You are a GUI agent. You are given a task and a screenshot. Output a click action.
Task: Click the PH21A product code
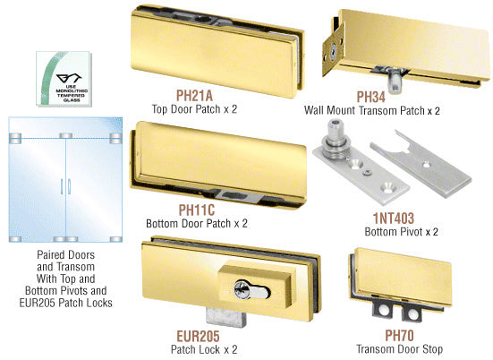[194, 95]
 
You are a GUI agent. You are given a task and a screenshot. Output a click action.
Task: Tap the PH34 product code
[370, 97]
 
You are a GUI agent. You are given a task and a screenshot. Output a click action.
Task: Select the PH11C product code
[197, 210]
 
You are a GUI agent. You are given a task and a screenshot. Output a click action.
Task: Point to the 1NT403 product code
[394, 219]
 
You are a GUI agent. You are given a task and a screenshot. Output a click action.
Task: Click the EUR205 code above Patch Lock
[198, 336]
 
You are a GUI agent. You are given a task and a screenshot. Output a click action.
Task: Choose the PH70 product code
[399, 336]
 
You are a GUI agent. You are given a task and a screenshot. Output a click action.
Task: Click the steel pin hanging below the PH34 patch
[395, 81]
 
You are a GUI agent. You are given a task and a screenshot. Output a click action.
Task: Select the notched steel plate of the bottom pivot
[421, 164]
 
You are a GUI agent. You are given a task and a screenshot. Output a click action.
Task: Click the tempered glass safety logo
[64, 79]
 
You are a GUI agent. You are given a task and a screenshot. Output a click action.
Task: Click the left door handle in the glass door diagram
[62, 186]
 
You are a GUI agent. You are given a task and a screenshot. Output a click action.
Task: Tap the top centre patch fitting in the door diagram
[65, 136]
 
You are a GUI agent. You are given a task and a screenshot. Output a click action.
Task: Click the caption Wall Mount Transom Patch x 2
[372, 111]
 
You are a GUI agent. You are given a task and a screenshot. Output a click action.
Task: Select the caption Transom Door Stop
[400, 349]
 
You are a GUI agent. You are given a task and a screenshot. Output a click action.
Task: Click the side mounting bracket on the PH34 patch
[333, 54]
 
